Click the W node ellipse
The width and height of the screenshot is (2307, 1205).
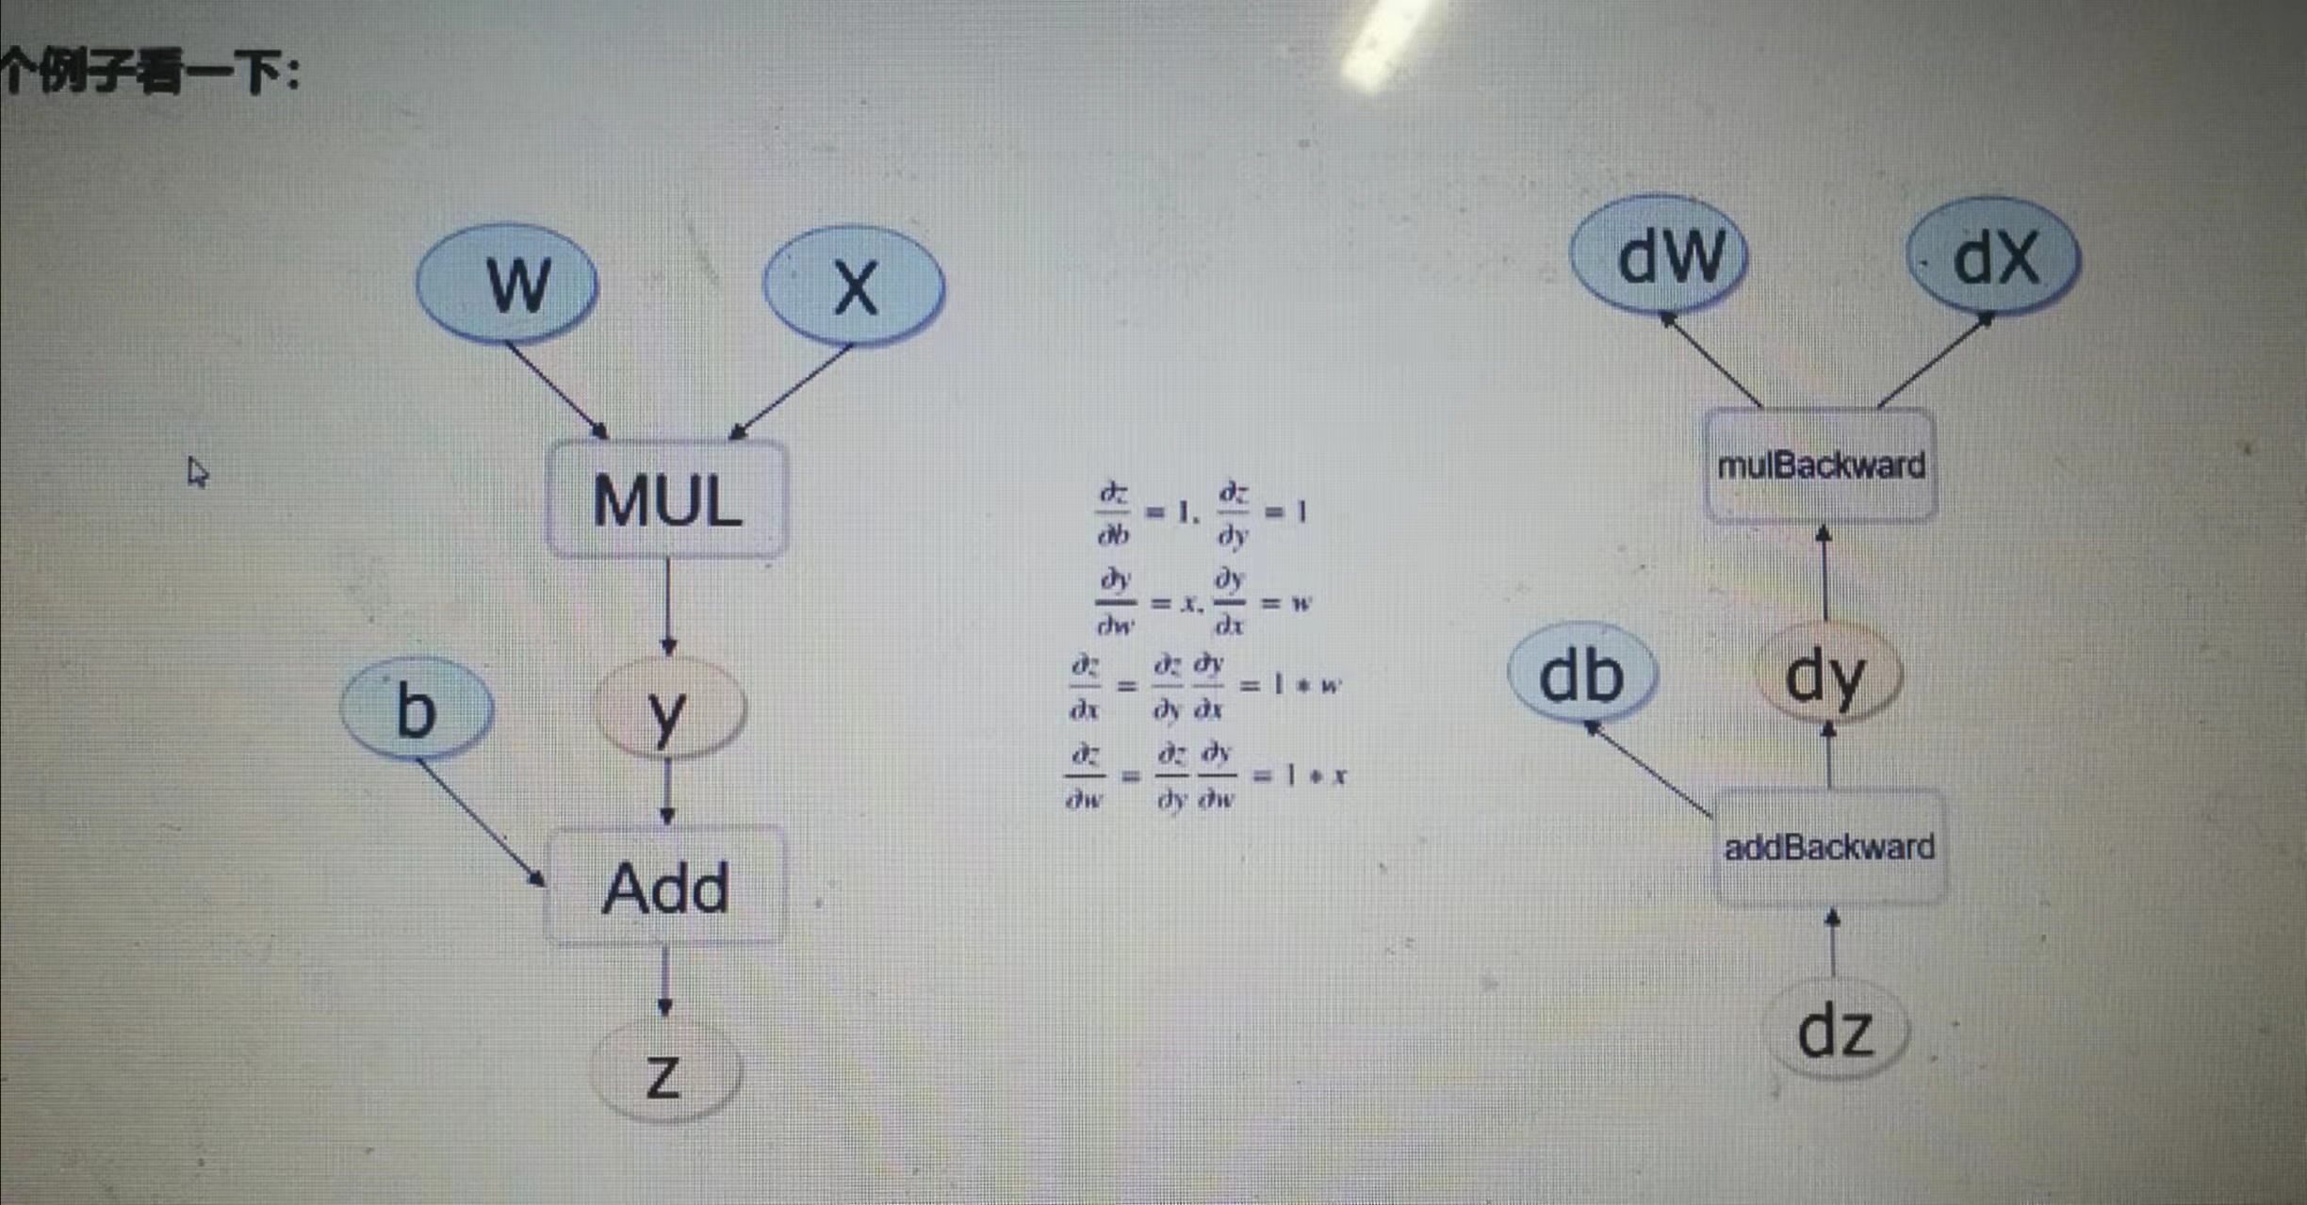tap(508, 283)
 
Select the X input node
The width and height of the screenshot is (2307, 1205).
tap(854, 285)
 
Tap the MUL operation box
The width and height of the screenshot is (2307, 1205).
tap(667, 499)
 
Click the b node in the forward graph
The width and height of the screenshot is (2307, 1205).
tap(417, 708)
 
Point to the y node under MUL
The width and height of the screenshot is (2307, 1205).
tap(669, 708)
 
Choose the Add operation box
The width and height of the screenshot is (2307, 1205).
tap(665, 887)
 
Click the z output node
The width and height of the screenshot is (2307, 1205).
tap(665, 1072)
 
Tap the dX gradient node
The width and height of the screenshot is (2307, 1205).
tap(1994, 257)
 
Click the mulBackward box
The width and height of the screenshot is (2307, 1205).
tap(1821, 465)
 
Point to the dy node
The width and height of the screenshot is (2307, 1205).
tap(1826, 675)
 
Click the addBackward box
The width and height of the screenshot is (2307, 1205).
tap(1829, 847)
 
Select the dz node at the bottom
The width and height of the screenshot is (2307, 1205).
tap(1836, 1031)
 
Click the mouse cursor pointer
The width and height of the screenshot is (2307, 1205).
tap(197, 471)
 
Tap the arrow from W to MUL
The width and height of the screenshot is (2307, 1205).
tap(557, 390)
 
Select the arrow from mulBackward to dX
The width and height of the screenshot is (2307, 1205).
tap(1936, 362)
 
